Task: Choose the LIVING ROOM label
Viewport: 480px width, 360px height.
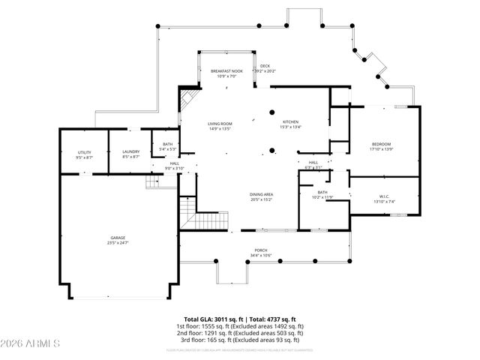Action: click(x=220, y=123)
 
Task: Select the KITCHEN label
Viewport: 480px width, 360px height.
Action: click(x=290, y=122)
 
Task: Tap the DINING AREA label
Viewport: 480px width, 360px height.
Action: click(x=261, y=194)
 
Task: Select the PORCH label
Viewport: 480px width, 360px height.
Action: click(x=260, y=250)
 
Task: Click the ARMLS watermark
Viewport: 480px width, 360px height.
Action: click(x=31, y=343)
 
